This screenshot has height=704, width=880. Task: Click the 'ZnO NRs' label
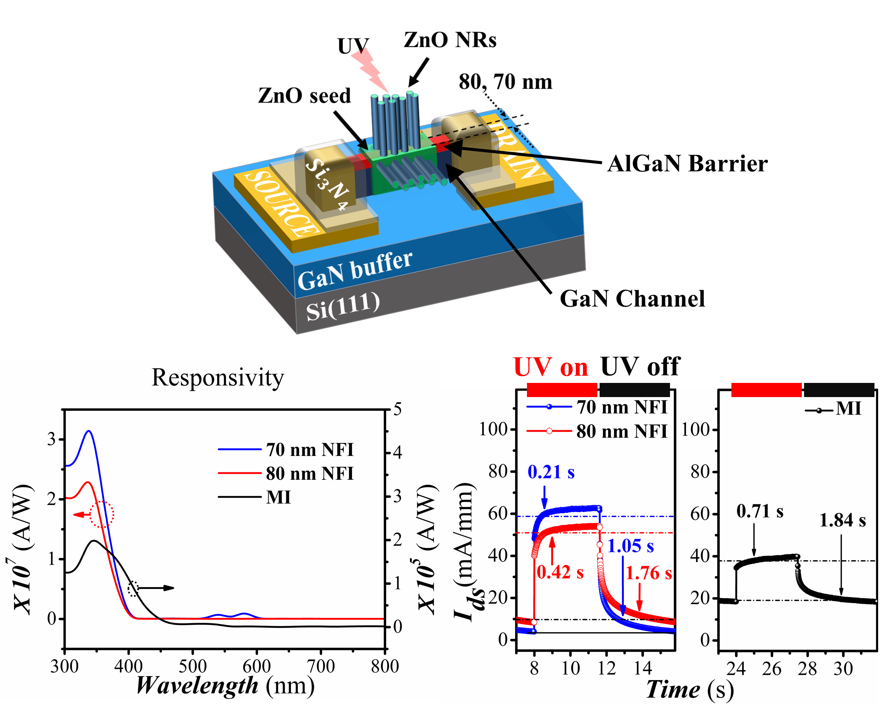point(450,40)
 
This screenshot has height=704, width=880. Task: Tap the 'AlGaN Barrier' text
point(687,164)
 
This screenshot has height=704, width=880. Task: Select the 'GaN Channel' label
point(632,298)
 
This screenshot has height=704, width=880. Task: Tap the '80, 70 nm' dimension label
point(505,82)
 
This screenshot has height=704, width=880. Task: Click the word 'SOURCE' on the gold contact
point(281,204)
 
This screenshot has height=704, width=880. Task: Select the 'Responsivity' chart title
point(217,377)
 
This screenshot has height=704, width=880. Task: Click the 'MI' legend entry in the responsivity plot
point(278,497)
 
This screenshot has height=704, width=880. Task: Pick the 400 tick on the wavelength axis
point(128,667)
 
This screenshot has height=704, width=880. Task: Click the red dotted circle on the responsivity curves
point(102,514)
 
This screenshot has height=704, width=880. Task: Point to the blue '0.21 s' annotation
point(551,472)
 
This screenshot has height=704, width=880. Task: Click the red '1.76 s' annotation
point(649,573)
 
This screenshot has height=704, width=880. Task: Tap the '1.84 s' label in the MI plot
point(842,520)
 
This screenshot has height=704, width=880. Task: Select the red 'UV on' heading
point(551,367)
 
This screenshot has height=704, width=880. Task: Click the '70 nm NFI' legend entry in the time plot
point(622,407)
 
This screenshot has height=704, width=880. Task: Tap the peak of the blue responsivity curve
point(89,431)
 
